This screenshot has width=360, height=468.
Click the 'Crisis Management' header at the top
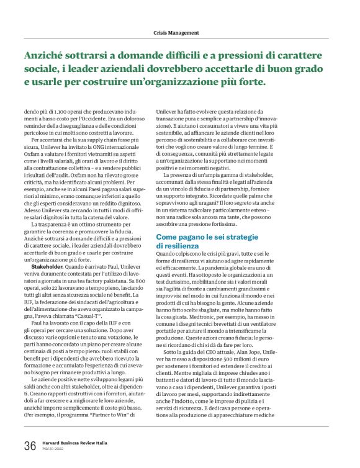176,32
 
